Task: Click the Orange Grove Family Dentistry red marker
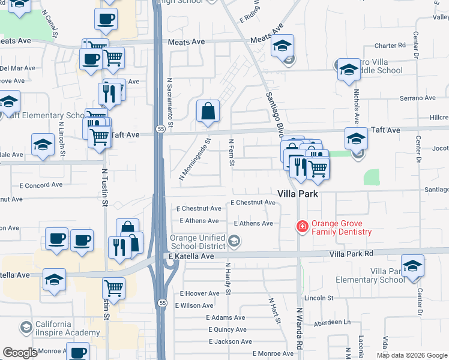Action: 302,226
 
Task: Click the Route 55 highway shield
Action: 159,128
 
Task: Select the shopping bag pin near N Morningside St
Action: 208,112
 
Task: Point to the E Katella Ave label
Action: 191,256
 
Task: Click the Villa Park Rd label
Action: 351,254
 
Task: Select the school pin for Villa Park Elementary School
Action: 412,266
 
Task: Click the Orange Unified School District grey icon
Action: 234,242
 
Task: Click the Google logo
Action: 20,352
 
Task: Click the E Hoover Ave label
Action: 200,293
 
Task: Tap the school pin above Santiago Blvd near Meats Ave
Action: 282,46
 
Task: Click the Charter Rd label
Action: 390,46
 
